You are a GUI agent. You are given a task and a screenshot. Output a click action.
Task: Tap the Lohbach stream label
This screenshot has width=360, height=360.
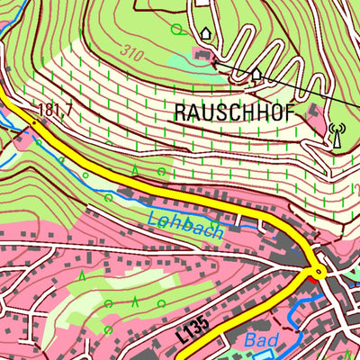183,220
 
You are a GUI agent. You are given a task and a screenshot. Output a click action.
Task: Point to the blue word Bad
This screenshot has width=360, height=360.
262,340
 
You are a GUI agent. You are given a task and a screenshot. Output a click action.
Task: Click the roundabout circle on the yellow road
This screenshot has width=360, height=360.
318,271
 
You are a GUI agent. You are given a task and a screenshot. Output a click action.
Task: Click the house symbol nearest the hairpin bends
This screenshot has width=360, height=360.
256,75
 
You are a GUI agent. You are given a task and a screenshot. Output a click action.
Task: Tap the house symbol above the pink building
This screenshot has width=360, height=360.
204,34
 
